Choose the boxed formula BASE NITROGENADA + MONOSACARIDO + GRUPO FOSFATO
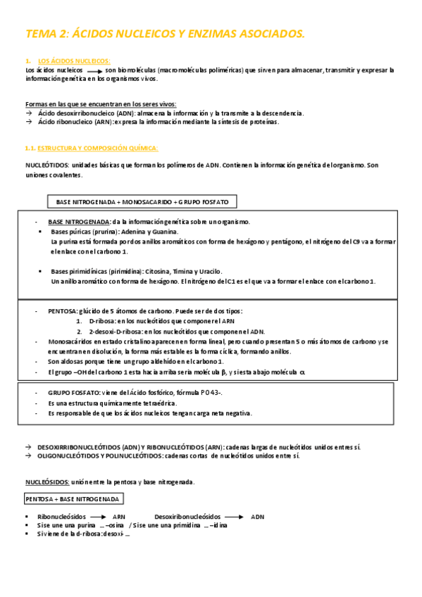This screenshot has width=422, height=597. [142, 202]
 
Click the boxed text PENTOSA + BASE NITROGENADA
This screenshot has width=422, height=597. [73, 499]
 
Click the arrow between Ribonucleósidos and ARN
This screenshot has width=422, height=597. [99, 517]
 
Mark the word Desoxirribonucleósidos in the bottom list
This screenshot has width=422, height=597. [187, 517]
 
